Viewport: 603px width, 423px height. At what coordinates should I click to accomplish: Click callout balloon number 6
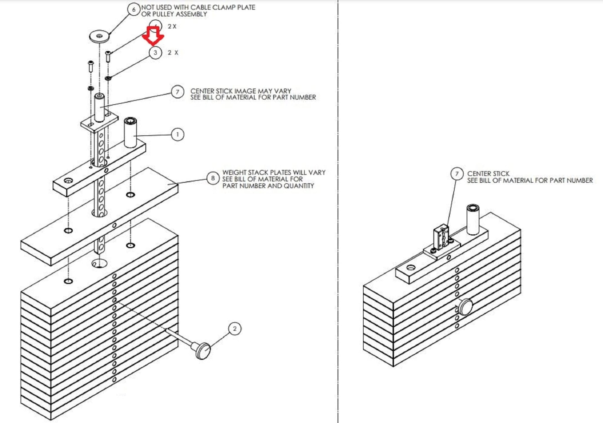[134, 9]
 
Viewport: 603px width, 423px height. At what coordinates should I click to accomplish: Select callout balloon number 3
[155, 53]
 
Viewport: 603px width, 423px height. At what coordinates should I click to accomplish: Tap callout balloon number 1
[177, 135]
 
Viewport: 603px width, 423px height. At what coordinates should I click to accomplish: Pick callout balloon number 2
[235, 329]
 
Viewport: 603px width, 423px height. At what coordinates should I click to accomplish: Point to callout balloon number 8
[213, 178]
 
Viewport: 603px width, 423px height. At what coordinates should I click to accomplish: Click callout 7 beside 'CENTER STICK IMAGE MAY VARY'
[177, 92]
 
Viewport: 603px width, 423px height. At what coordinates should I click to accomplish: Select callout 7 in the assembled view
[457, 174]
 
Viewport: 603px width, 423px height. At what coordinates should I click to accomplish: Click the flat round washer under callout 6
[100, 36]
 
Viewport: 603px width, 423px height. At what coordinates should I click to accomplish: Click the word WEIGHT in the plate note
[234, 172]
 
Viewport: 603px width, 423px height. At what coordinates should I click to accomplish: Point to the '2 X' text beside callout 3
[173, 53]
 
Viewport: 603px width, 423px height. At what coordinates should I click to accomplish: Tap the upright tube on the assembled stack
[473, 220]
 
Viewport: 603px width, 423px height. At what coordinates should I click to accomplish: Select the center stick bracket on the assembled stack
[441, 238]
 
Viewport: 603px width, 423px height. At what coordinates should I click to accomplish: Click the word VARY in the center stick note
[282, 91]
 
